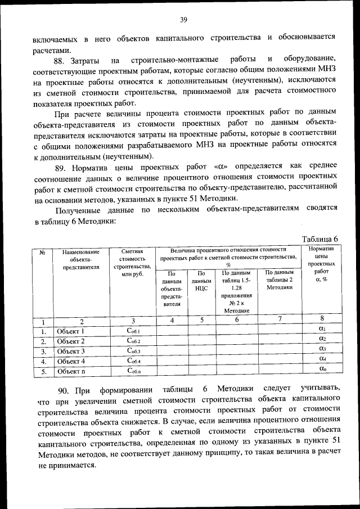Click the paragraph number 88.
click(61, 60)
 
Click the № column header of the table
click(43, 253)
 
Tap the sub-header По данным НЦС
click(201, 280)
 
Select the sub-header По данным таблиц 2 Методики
click(280, 280)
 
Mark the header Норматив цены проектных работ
click(322, 263)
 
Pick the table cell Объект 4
click(71, 361)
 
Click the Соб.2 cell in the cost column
click(133, 341)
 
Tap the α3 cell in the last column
click(322, 349)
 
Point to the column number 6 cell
click(237, 321)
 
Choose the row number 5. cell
click(43, 371)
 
